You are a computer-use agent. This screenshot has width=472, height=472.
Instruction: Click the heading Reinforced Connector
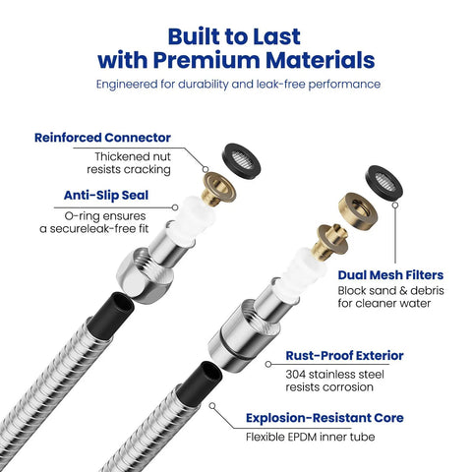coord(102,138)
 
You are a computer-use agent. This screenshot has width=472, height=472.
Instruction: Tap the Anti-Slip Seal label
coord(106,196)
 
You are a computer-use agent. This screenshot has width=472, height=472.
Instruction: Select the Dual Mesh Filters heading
coord(390,275)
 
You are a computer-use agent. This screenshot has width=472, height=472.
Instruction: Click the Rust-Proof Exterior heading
coord(344,356)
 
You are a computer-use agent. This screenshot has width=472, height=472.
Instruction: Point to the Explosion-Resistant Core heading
coord(324,418)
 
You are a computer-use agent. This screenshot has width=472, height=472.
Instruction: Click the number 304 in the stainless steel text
coord(295,375)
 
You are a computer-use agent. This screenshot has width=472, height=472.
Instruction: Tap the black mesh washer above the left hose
coord(242,161)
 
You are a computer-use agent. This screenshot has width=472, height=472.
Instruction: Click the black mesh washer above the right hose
coord(383,182)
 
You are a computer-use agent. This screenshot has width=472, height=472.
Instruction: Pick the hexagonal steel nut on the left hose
coord(145,275)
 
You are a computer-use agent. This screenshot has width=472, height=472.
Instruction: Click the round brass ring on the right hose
coord(358,210)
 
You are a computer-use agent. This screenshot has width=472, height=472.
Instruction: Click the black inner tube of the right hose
coord(200,381)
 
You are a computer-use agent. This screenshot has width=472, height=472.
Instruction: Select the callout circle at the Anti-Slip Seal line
coord(175,207)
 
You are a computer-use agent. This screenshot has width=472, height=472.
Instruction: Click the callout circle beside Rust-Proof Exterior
coord(268,364)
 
